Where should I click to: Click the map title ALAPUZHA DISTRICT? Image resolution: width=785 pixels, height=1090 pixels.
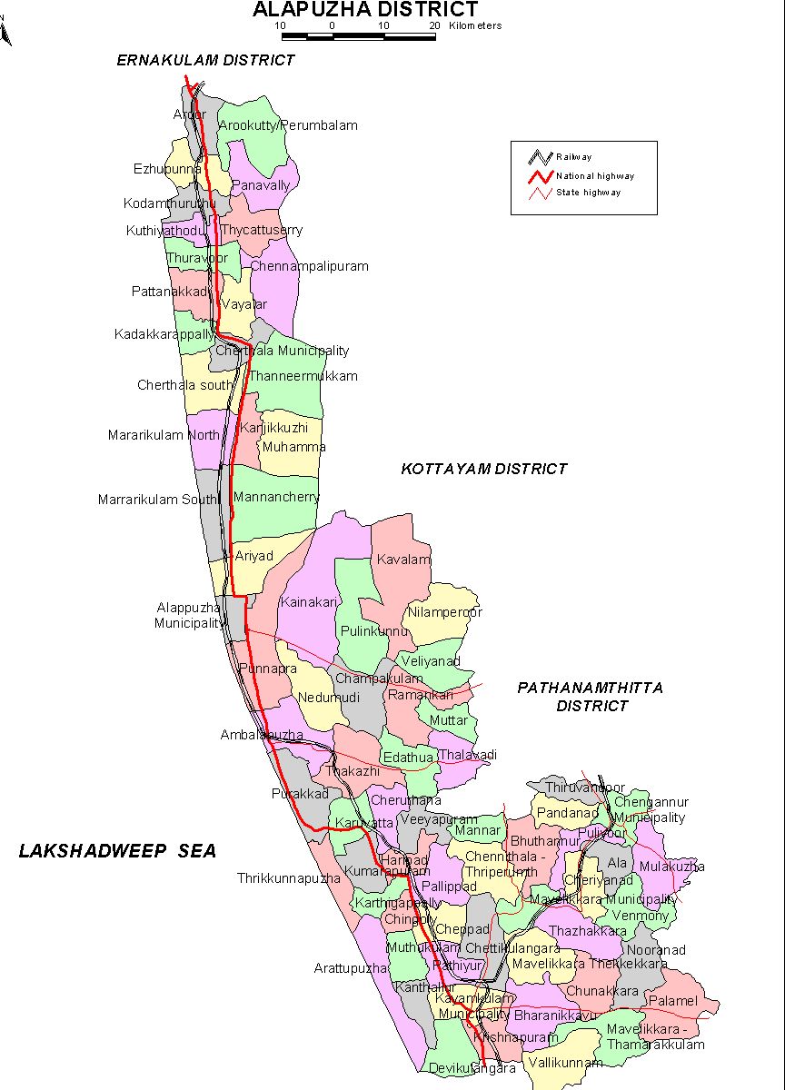(x=364, y=10)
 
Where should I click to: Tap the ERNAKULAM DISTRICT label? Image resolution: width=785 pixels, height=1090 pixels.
(x=205, y=60)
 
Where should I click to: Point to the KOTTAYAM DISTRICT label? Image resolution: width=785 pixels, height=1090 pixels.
(x=483, y=469)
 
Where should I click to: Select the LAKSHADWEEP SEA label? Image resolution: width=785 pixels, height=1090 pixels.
(x=118, y=851)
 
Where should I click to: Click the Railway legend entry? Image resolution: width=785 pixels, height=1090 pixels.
(x=574, y=157)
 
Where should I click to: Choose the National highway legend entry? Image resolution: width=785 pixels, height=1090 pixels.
(x=595, y=175)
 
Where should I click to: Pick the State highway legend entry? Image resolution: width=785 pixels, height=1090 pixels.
(x=589, y=193)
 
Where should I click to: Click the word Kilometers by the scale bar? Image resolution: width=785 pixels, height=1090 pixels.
(x=474, y=25)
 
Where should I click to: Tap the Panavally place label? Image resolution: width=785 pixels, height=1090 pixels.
(x=261, y=184)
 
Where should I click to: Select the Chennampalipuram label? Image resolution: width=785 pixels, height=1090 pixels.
(x=309, y=267)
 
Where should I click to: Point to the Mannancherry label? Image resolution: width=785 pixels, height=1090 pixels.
(x=276, y=497)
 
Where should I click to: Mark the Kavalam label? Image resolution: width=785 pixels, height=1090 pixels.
(x=404, y=560)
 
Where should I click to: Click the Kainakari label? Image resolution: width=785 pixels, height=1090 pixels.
(x=309, y=602)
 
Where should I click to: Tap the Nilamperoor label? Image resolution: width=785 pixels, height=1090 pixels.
(x=444, y=612)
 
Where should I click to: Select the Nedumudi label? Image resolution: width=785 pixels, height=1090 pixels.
(x=329, y=697)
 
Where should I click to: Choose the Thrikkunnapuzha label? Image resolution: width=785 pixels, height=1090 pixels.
(x=289, y=878)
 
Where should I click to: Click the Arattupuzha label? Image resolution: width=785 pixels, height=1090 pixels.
(x=350, y=968)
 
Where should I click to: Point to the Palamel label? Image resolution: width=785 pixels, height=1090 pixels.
(x=671, y=1001)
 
